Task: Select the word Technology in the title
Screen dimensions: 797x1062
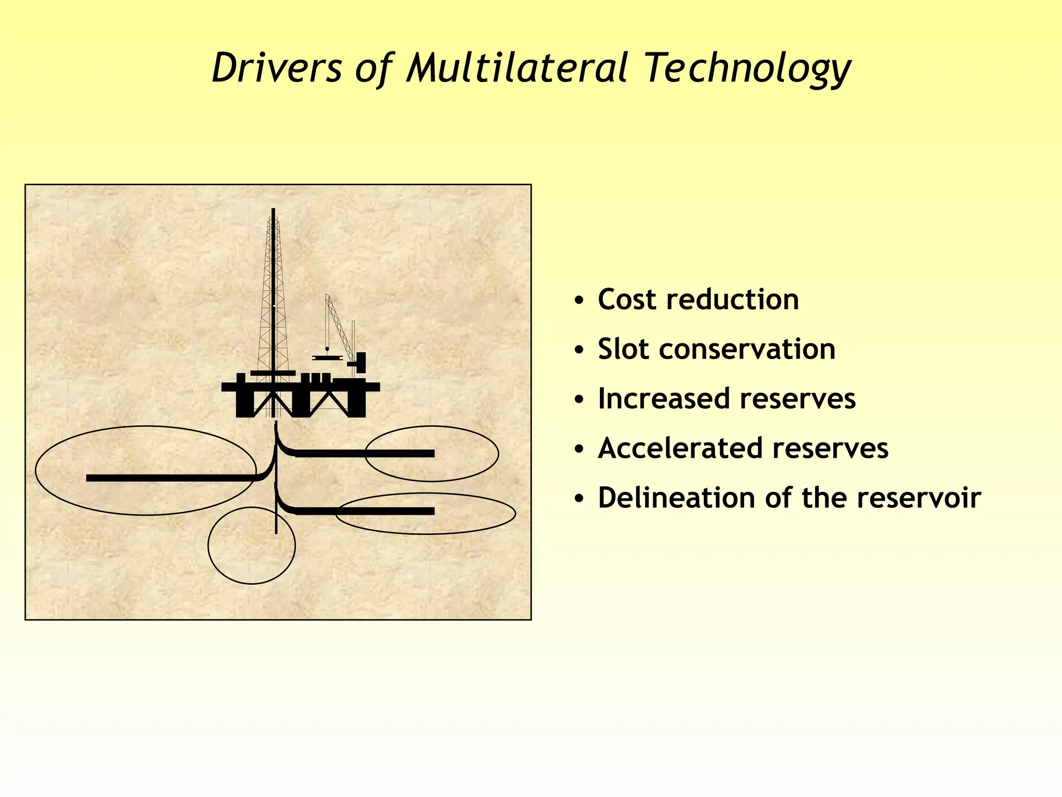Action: [747, 69]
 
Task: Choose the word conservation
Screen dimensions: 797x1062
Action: [747, 349]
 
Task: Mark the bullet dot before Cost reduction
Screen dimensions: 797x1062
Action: [579, 301]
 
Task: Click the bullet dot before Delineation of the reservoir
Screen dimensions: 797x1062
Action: [579, 499]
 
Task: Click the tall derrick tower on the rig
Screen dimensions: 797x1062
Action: [273, 291]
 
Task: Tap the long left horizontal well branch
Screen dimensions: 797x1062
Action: [171, 478]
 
